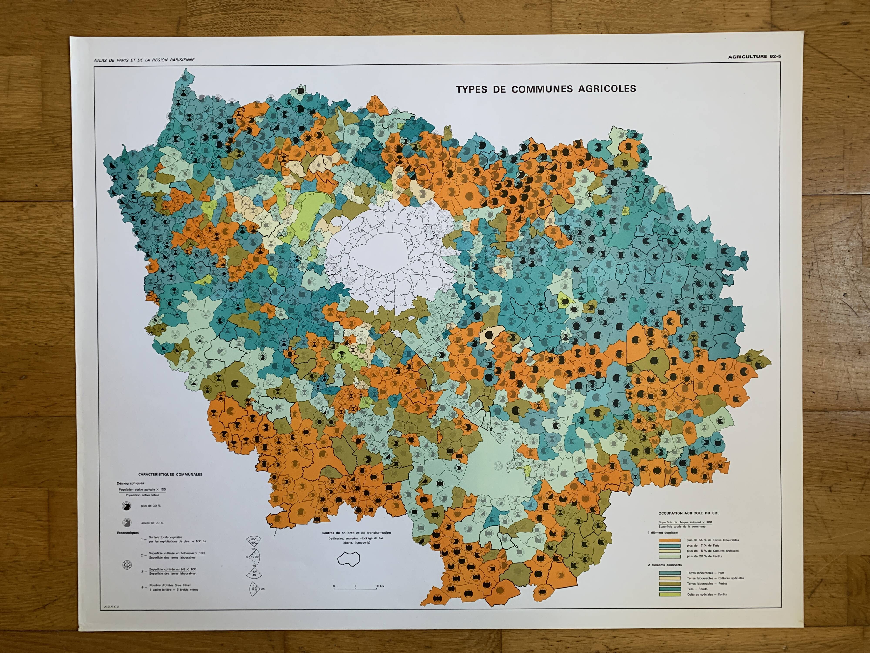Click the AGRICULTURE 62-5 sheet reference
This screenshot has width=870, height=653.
[754, 57]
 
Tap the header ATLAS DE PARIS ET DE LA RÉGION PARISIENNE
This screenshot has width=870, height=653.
[144, 60]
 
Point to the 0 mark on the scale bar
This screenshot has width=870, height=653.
[334, 586]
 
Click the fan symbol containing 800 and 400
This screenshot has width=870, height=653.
[254, 541]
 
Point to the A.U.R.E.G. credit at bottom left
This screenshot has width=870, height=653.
[112, 607]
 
